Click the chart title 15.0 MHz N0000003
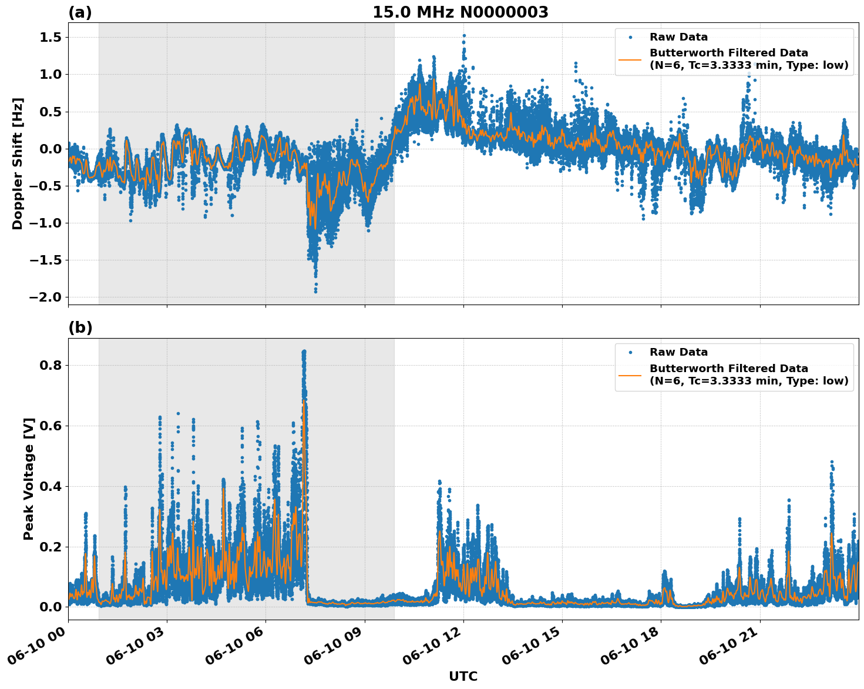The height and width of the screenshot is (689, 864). (x=460, y=12)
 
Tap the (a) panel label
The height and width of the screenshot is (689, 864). (x=80, y=12)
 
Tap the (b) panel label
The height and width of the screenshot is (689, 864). (x=80, y=328)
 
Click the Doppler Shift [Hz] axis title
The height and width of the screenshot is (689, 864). (x=18, y=163)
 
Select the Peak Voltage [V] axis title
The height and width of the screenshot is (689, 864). (x=29, y=479)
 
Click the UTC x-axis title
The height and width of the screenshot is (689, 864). (x=463, y=676)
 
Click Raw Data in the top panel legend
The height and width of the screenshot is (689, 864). (x=678, y=37)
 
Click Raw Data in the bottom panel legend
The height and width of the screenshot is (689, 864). (x=678, y=352)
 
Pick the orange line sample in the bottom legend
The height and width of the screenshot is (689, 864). (x=630, y=374)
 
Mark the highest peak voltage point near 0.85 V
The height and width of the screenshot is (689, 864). (x=304, y=352)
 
